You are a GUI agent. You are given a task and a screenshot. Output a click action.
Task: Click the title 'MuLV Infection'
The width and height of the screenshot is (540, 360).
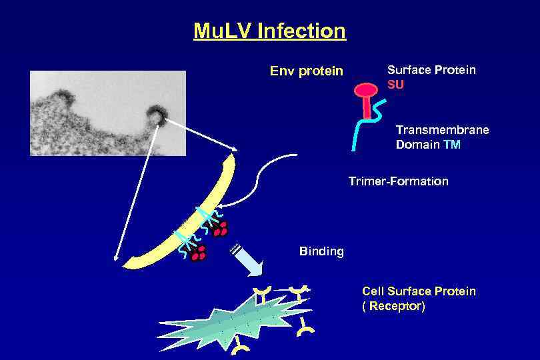[x=269, y=31]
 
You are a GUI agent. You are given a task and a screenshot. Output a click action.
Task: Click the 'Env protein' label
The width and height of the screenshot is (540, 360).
[x=306, y=71]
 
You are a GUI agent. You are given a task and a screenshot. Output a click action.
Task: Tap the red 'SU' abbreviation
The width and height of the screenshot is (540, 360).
[x=395, y=85]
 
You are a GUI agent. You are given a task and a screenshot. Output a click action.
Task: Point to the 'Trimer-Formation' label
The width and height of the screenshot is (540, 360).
[x=398, y=181]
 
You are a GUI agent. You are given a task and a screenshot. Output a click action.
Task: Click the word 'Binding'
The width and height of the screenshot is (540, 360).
[x=321, y=251]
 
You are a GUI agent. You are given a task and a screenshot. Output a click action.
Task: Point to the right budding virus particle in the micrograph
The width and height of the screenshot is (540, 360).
[x=159, y=114]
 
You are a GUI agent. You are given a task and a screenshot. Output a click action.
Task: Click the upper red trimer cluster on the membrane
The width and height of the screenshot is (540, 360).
[x=219, y=228]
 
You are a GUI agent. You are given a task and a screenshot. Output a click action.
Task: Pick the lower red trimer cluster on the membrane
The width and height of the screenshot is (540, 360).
[x=198, y=253]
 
